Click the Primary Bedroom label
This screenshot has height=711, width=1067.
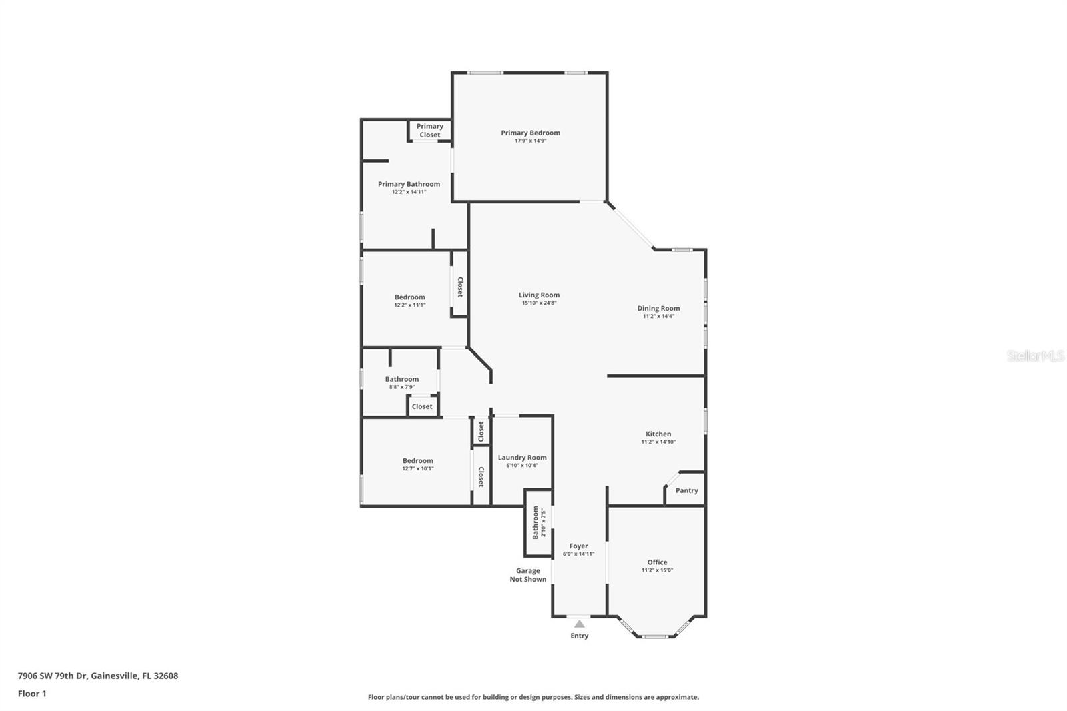pyautogui.click(x=530, y=133)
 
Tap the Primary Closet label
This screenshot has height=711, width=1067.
pyautogui.click(x=429, y=131)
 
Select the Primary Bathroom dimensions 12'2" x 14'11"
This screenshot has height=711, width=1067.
pyautogui.click(x=409, y=192)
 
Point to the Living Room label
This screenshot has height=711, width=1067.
pyautogui.click(x=539, y=295)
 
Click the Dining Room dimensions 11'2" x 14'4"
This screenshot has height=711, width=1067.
pyautogui.click(x=658, y=317)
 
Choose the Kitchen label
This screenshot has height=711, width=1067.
pyautogui.click(x=658, y=434)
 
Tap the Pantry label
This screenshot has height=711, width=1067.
pyautogui.click(x=686, y=490)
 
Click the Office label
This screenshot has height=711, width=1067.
pyautogui.click(x=657, y=562)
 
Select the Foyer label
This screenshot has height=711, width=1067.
pyautogui.click(x=578, y=546)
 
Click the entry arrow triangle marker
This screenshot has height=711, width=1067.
pyautogui.click(x=580, y=624)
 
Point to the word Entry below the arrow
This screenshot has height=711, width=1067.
pyautogui.click(x=580, y=636)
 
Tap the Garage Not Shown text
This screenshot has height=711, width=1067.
pyautogui.click(x=527, y=575)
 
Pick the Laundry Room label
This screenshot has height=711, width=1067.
pyautogui.click(x=522, y=458)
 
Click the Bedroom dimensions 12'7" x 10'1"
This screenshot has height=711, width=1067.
pyautogui.click(x=417, y=468)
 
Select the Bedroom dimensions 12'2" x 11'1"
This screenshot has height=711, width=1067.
pyautogui.click(x=409, y=305)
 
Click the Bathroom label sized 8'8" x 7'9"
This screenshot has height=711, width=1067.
pyautogui.click(x=401, y=379)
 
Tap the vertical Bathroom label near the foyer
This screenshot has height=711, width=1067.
pyautogui.click(x=536, y=522)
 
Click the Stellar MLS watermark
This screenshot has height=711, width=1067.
pyautogui.click(x=1035, y=356)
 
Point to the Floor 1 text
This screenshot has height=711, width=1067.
pyautogui.click(x=32, y=694)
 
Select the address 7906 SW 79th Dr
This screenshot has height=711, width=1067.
pyautogui.click(x=98, y=676)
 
